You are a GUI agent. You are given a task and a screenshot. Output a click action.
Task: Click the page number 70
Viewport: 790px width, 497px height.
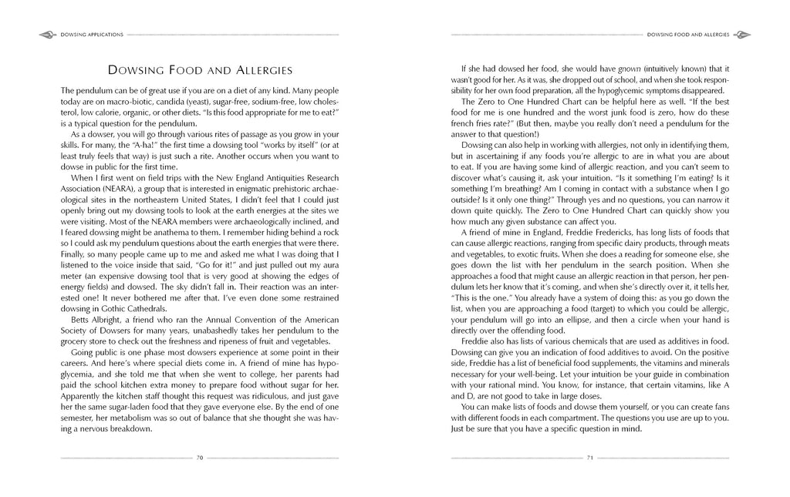pyautogui.click(x=199, y=458)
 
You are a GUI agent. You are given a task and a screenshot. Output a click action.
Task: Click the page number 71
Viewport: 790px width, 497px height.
pyautogui.click(x=589, y=458)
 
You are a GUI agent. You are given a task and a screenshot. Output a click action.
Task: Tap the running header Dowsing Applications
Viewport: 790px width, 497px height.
pyautogui.click(x=89, y=34)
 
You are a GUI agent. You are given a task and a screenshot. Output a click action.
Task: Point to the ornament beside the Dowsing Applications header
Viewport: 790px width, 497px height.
pyautogui.click(x=46, y=34)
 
